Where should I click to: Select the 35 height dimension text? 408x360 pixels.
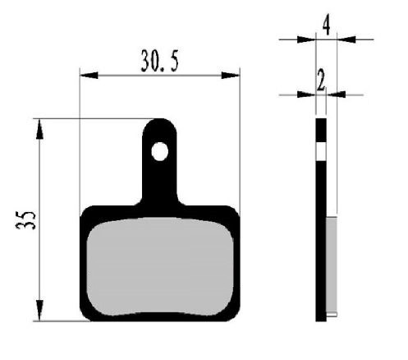point(25,220)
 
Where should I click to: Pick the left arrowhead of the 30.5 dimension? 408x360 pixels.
point(85,75)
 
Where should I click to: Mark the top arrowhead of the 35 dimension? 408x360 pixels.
point(39,125)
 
